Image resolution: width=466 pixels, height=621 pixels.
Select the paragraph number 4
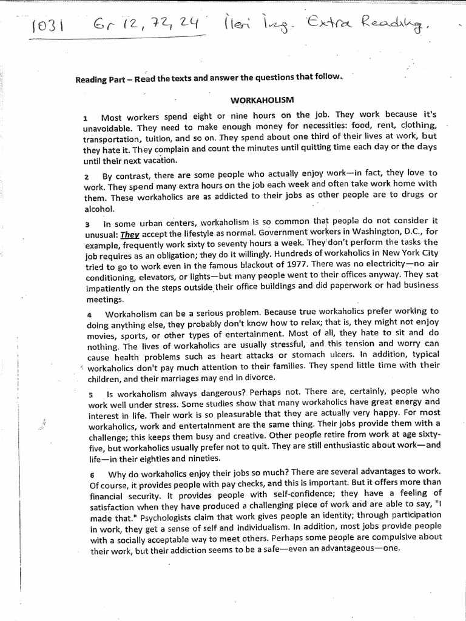pos(89,315)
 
